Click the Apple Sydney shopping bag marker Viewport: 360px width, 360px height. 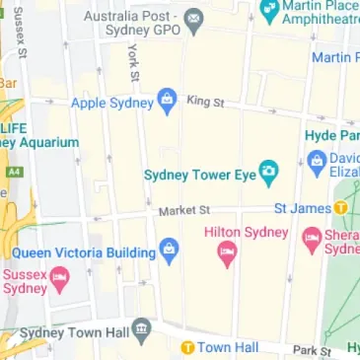[167, 101]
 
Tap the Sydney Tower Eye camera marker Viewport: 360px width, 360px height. [266, 176]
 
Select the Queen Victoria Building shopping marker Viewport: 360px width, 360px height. [169, 252]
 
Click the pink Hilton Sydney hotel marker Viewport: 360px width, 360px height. [227, 256]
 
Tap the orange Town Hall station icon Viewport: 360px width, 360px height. [185, 347]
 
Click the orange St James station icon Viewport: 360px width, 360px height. [340, 207]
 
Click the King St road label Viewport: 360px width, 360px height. [205, 101]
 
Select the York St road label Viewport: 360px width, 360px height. [132, 62]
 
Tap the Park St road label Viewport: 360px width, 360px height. [312, 350]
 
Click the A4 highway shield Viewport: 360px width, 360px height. [14, 172]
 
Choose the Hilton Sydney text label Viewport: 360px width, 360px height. [247, 232]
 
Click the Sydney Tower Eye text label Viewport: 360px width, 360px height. [199, 176]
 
